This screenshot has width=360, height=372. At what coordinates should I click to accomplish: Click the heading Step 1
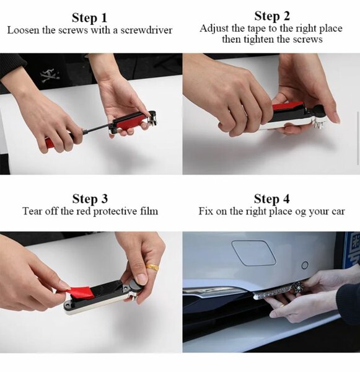pos(89,17)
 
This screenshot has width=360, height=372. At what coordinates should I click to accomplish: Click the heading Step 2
pos(271,16)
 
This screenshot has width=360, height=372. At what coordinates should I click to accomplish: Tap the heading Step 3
pos(89,199)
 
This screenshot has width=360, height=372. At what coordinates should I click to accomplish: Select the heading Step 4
pos(271,199)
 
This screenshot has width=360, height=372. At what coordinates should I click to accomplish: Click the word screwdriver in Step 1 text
pos(147,30)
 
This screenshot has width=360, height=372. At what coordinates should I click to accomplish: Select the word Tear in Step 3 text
pos(33,211)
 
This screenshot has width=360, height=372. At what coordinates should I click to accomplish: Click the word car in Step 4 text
pos(336,211)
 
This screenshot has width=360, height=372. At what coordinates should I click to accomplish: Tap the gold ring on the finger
pos(152,268)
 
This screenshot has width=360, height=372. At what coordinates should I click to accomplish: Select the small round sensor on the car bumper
pos(304,265)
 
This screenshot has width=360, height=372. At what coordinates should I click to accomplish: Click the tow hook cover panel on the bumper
pos(253,252)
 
